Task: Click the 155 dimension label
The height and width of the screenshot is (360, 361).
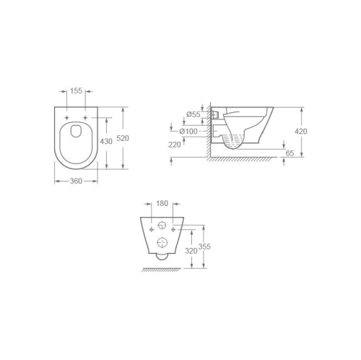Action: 76,91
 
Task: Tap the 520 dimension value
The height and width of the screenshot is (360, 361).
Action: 123,138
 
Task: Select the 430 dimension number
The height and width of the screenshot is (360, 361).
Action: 106,141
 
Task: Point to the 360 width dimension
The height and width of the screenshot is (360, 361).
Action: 76,181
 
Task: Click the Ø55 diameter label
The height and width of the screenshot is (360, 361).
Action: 193,114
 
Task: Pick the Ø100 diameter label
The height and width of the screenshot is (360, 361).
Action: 188,132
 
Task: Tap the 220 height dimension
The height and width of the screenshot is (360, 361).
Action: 175,145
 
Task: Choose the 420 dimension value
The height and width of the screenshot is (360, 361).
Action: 301,132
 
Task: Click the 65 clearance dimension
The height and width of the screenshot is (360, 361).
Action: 290,153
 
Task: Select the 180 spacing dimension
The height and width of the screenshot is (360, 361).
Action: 162,203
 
